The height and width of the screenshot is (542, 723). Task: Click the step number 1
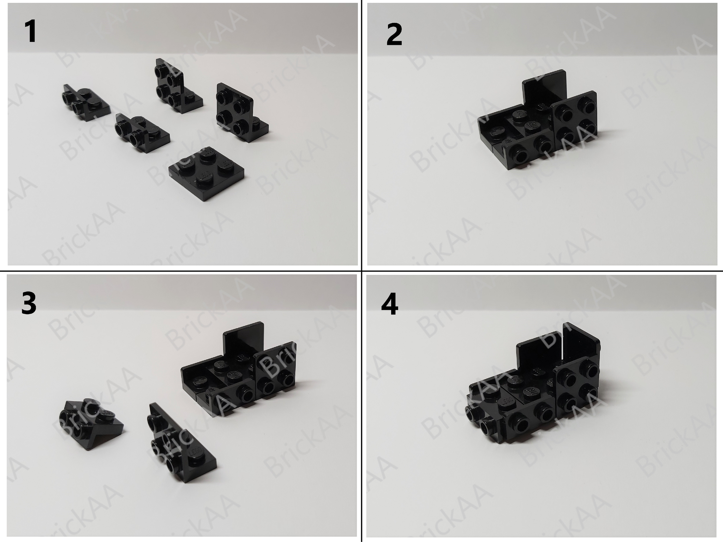click(31, 32)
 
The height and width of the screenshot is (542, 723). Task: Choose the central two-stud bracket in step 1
click(141, 132)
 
